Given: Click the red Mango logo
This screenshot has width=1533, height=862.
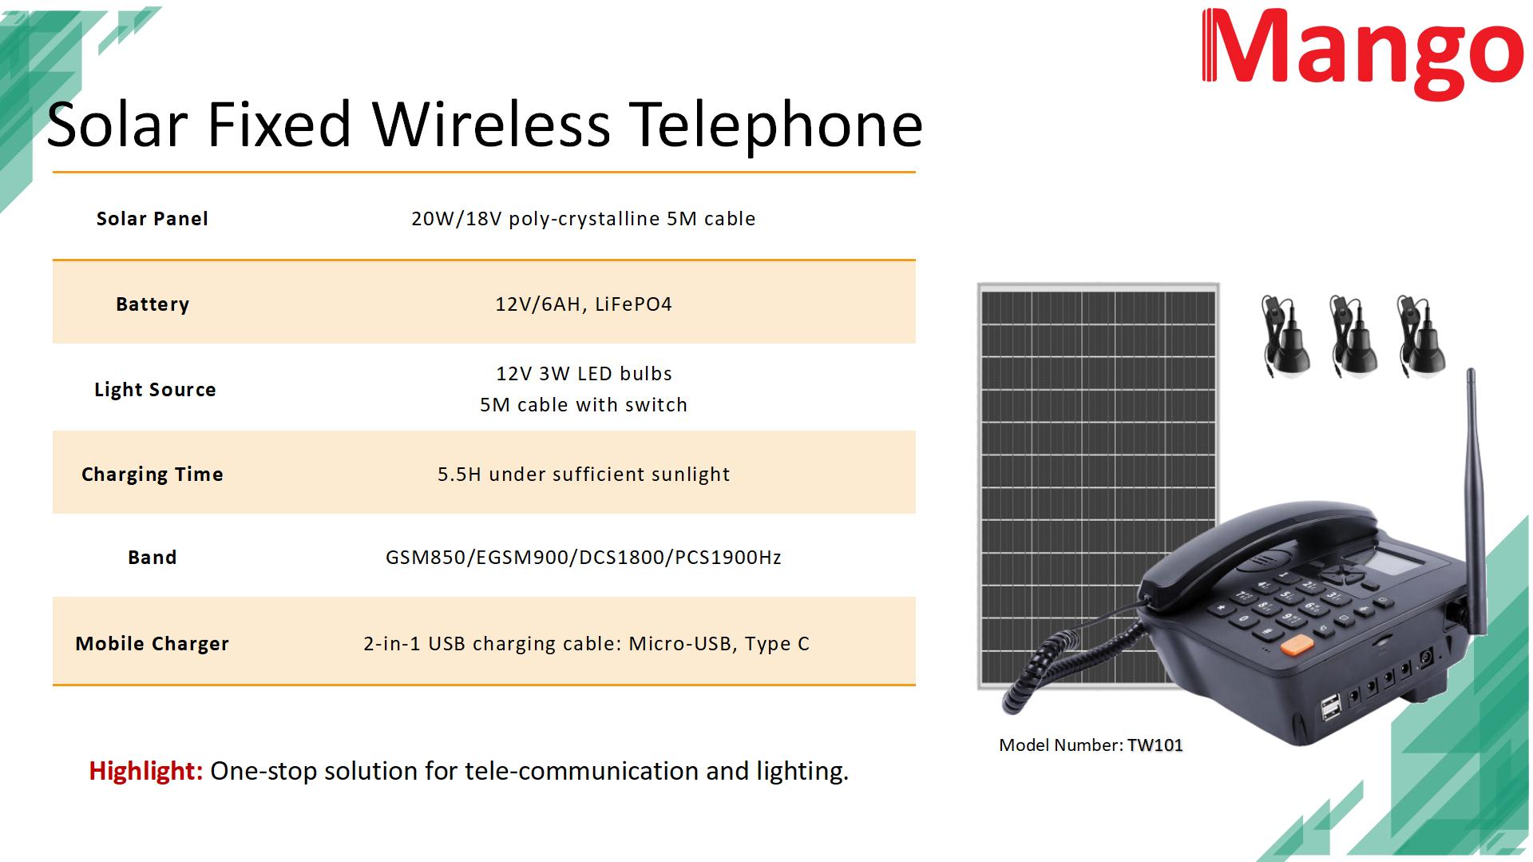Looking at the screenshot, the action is point(1362,53).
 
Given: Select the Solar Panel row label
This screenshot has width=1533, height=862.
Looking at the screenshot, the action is point(153,219).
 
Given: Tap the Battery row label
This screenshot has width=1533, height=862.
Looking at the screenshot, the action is point(153,304).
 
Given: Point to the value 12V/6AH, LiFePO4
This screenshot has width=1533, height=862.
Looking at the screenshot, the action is point(584,304).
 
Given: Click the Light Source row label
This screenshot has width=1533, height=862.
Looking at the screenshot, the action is point(155,390).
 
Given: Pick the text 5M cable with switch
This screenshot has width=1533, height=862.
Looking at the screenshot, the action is point(584,405).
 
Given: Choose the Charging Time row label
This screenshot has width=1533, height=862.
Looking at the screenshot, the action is point(153,475).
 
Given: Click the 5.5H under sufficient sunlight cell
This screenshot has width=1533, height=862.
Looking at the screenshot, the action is point(584,475).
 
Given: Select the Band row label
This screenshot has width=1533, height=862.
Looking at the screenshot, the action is point(153,558).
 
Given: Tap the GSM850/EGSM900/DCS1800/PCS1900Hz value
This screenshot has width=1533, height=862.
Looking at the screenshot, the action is point(584,558).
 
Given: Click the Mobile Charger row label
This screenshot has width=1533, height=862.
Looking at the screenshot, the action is point(153,644).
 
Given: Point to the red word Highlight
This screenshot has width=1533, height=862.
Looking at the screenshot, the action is point(146,771).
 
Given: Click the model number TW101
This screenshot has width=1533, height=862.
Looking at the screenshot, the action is point(1155,745).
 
